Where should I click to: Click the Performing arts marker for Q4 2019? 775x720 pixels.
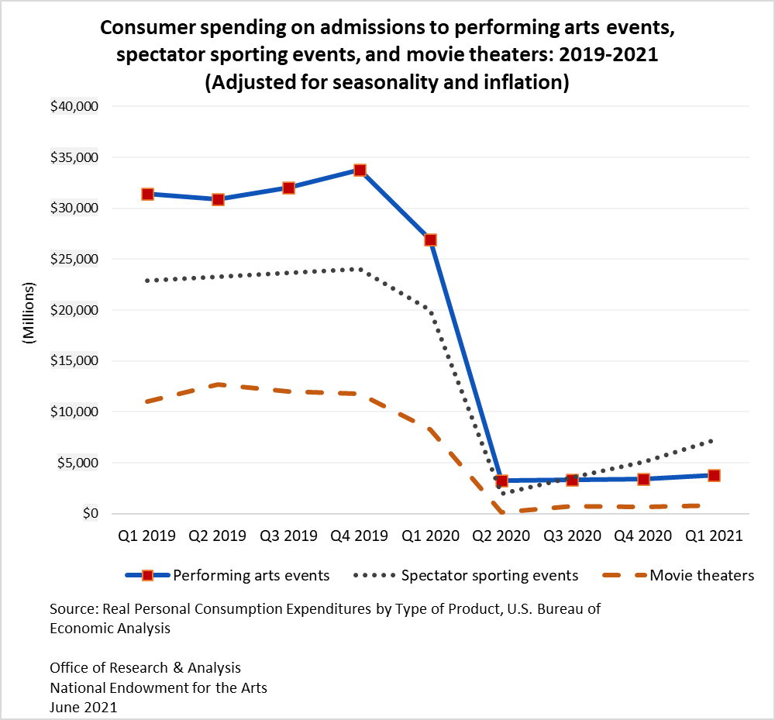(360, 170)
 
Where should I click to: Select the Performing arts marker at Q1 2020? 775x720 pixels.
(430, 239)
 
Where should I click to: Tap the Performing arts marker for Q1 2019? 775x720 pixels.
(147, 194)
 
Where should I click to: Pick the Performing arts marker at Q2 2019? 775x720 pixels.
(218, 199)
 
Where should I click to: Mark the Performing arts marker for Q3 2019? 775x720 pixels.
(288, 188)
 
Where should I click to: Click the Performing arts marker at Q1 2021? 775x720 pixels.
(714, 475)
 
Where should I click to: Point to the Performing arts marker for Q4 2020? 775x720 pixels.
(643, 480)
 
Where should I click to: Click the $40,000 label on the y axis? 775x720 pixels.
(74, 106)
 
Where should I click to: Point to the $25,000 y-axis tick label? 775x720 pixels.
(74, 259)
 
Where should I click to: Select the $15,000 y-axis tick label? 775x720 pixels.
(74, 361)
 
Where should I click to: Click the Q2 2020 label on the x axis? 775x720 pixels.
(501, 536)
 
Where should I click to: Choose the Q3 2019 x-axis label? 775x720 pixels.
(288, 536)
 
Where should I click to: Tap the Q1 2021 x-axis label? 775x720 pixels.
(714, 536)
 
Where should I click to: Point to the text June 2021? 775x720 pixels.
(84, 707)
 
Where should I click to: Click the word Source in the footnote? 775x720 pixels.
(72, 609)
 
